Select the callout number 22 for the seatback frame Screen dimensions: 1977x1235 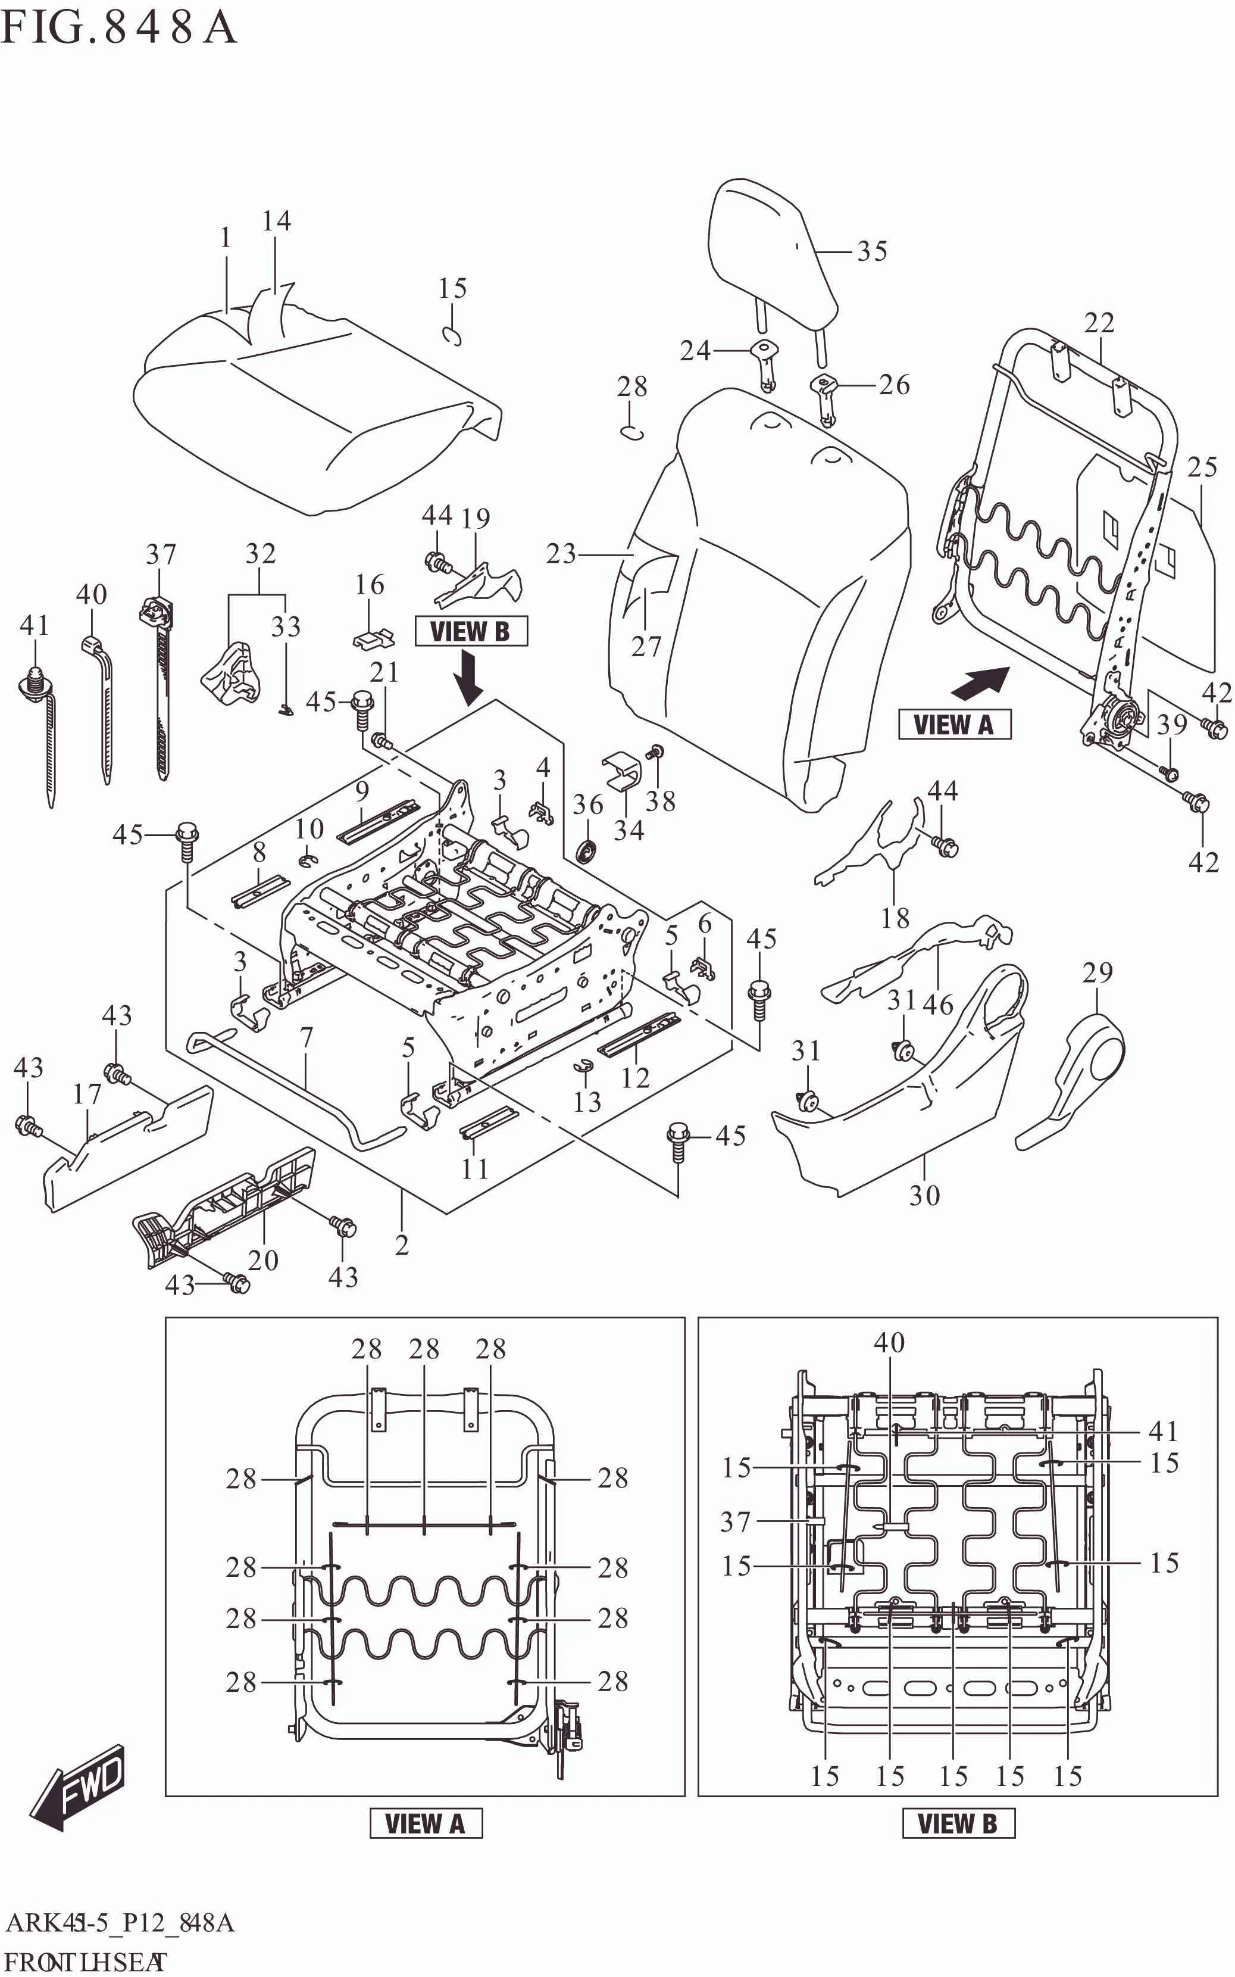tap(1099, 323)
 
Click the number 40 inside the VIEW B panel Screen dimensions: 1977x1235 tap(889, 1343)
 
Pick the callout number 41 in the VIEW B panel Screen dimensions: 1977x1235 tap(1163, 1432)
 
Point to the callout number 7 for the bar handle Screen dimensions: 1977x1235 tap(307, 1037)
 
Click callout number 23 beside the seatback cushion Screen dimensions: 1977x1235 tap(560, 554)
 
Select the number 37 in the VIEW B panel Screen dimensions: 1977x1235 tap(734, 1521)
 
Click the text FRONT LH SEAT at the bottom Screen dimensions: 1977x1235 tap(86, 1962)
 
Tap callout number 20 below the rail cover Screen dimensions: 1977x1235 tap(263, 1259)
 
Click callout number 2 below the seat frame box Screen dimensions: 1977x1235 tap(401, 1245)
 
